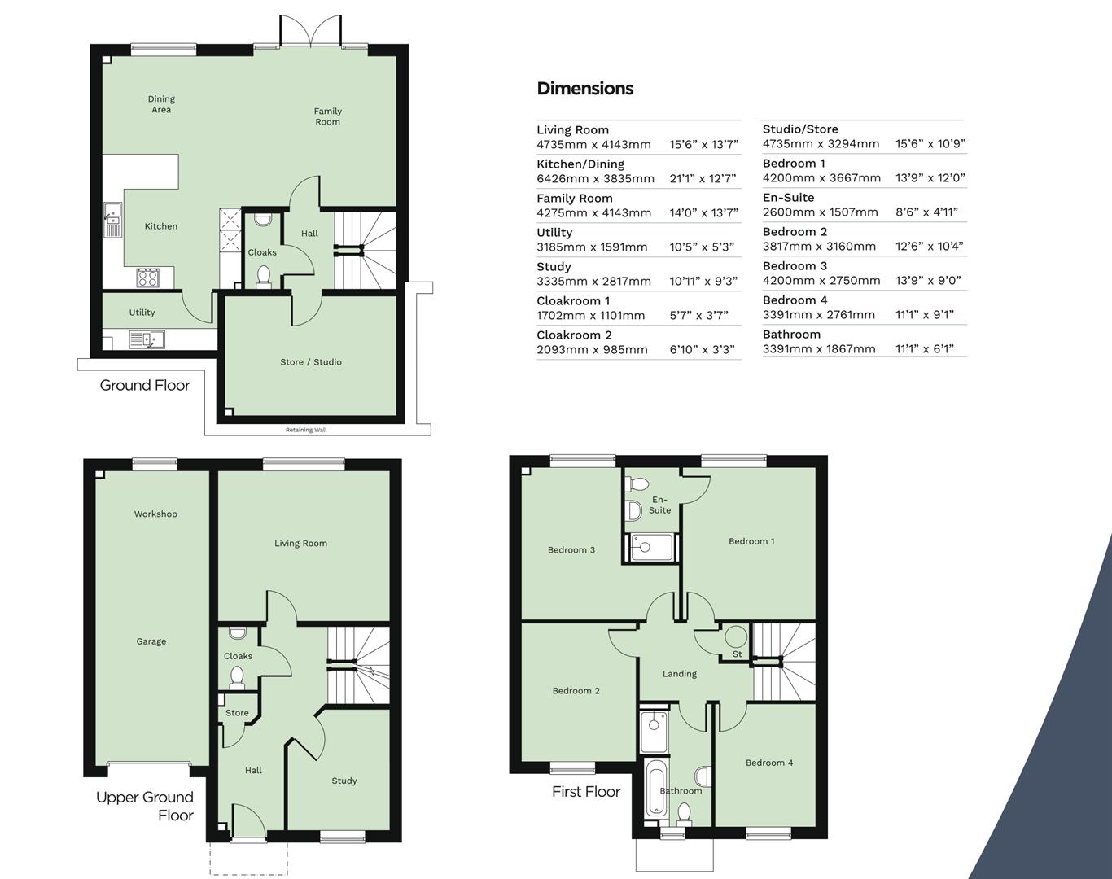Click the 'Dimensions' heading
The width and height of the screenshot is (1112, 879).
(584, 89)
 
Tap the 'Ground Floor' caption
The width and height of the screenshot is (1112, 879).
(145, 386)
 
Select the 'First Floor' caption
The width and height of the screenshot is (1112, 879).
(586, 792)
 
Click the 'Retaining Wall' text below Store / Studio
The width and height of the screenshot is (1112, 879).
(306, 430)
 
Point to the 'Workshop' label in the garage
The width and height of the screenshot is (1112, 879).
(155, 514)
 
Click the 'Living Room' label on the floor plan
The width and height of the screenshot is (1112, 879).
(300, 544)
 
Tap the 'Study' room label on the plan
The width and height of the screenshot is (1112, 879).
(344, 781)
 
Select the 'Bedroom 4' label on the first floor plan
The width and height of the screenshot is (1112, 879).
(769, 763)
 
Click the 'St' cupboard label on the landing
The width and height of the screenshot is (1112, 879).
(738, 654)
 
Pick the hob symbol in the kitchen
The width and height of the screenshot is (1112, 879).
(148, 278)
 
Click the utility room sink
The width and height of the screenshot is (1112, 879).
(147, 339)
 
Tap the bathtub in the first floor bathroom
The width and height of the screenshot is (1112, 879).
(655, 788)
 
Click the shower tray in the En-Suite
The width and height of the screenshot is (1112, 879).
(650, 548)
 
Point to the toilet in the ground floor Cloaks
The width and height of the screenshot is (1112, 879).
(263, 278)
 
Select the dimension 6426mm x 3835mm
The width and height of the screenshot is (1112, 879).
(595, 179)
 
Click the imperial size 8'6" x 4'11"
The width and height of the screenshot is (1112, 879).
(926, 212)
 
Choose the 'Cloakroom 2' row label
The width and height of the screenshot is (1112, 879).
(574, 335)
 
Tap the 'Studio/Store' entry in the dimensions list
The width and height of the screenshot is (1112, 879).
(800, 129)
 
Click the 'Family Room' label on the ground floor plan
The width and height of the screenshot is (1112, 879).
(328, 116)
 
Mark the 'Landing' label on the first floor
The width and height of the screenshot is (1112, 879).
(680, 674)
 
